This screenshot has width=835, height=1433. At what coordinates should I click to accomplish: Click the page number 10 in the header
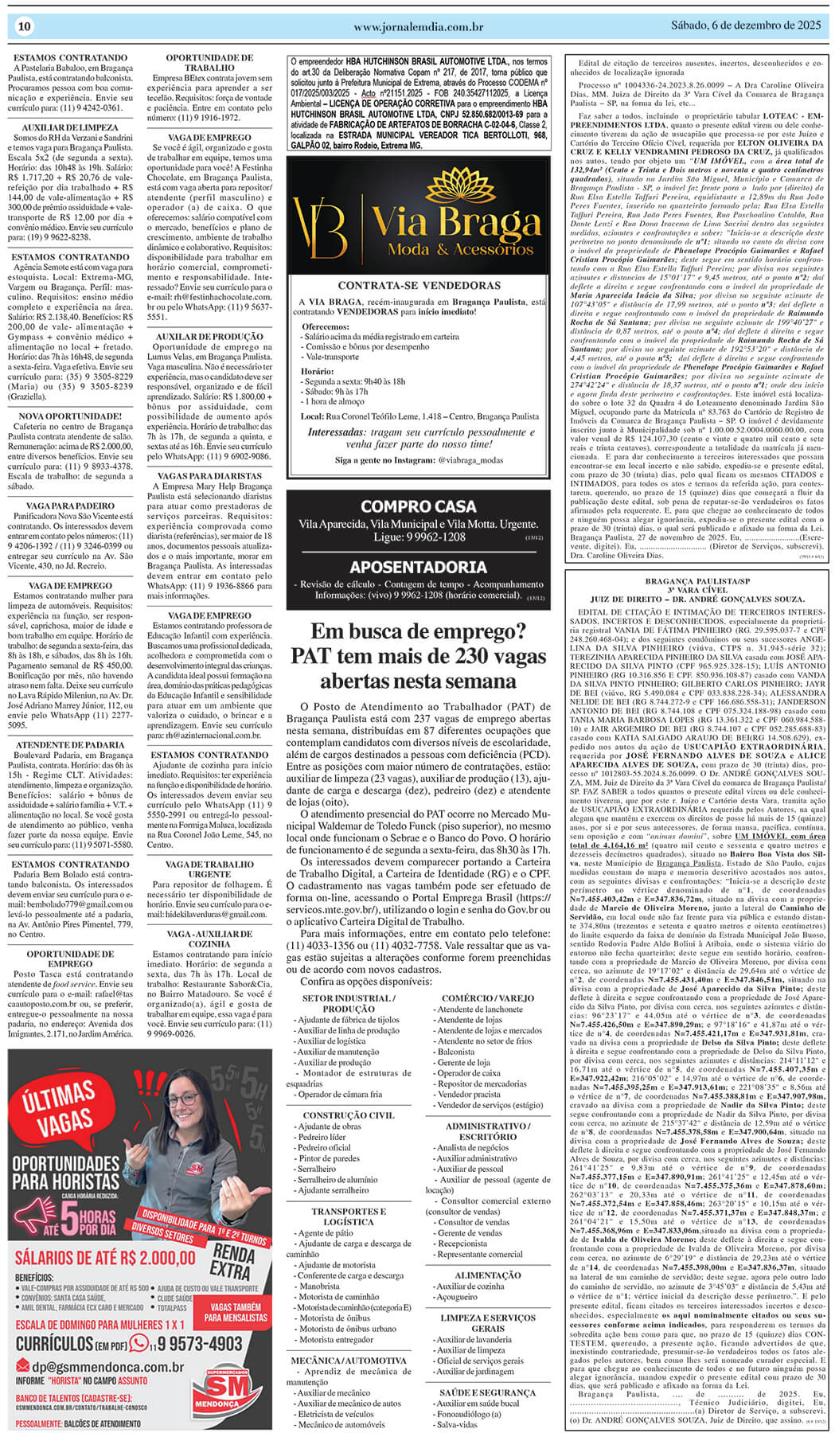tap(24, 27)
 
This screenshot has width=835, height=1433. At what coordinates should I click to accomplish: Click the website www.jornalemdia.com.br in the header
tap(418, 27)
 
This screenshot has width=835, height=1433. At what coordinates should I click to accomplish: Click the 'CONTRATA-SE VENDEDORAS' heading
tap(418, 285)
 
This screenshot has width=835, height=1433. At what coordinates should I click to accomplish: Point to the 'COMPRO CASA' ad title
tap(418, 506)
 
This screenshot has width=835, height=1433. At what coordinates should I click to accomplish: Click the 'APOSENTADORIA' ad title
tap(418, 567)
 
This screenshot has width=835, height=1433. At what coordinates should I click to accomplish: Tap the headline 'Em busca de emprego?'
tap(418, 632)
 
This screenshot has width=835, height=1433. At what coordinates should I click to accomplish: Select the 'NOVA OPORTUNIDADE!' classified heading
tap(70, 416)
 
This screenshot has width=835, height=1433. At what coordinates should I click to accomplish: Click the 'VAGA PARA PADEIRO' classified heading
tap(70, 506)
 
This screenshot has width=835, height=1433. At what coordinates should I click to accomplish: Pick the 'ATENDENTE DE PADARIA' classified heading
tap(70, 745)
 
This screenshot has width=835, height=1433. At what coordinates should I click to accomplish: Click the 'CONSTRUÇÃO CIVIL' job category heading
tap(349, 1115)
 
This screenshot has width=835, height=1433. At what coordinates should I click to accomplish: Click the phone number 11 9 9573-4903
tap(187, 1344)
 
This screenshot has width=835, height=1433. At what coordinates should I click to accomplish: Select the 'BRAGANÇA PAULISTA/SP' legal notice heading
tap(697, 581)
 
